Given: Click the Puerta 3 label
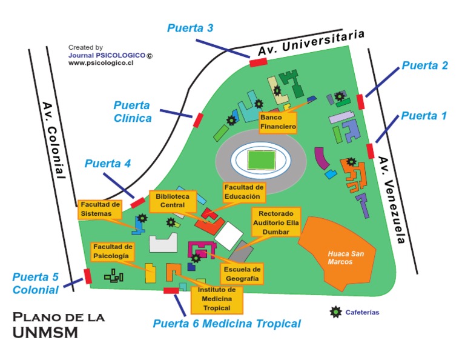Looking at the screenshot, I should coord(190,28).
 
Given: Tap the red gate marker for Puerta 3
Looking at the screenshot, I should coord(259,61).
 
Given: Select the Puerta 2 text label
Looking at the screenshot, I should coord(425,65).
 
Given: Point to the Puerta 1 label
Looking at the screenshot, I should coord(424,116).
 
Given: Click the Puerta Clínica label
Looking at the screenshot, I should coord(133,112).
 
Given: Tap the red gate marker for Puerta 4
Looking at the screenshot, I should coord(138,202).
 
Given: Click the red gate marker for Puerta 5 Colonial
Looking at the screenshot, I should coord(88,276).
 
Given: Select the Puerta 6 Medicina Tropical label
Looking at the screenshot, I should coord(226,324).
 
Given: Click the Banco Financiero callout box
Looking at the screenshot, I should coord(278,122).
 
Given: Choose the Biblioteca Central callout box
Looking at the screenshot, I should coord(173,201).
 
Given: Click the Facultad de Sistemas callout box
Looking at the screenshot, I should coord(99,209).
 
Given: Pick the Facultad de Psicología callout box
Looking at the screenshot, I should coord(112,252).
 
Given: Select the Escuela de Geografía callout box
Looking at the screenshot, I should coord(242,274).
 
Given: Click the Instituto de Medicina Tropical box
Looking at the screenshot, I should coord(216,299).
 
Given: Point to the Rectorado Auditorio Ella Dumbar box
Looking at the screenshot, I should coord(275,222).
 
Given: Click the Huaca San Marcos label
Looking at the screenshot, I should coord(346,258).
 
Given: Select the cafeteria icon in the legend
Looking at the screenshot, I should coord(335,312).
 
